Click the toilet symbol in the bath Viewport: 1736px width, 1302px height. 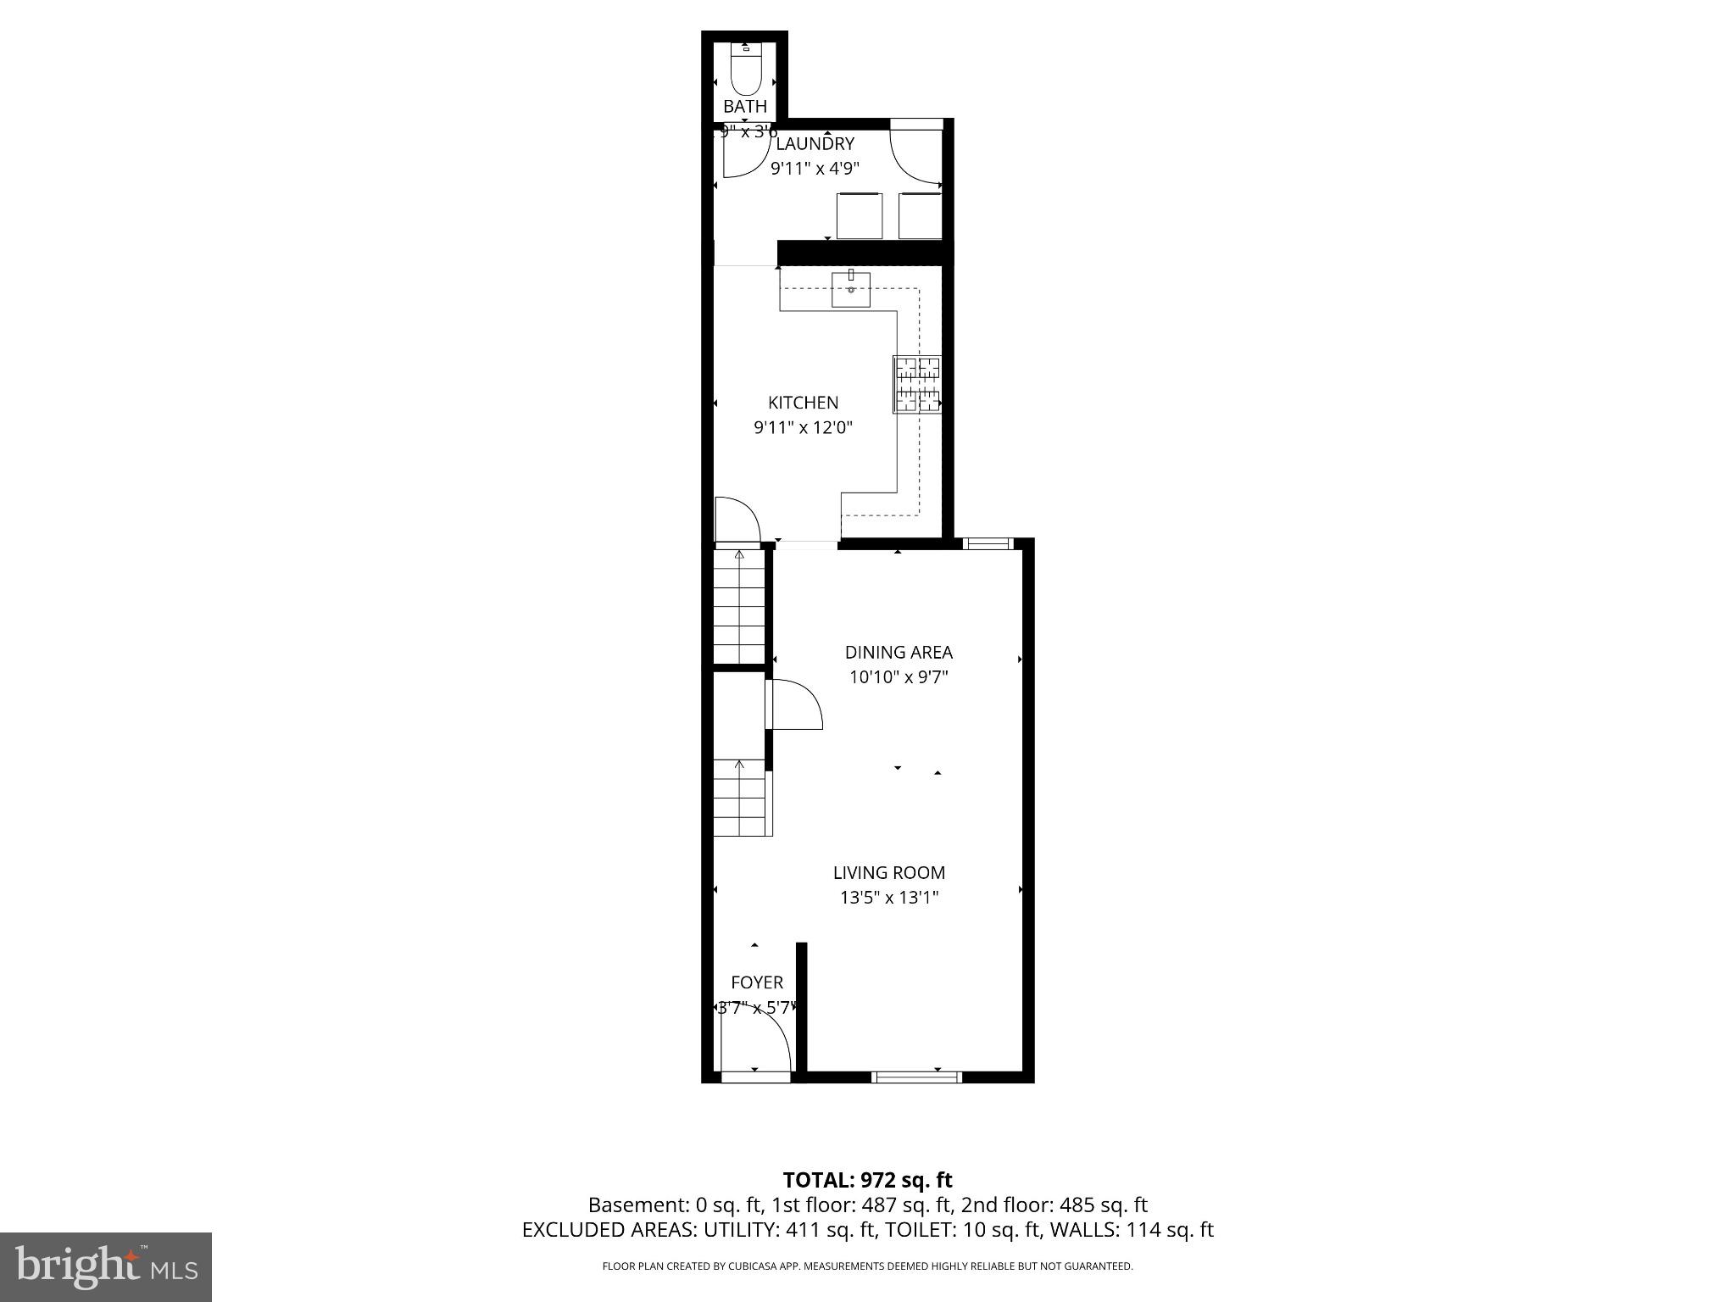click(746, 70)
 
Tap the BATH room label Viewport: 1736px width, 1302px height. click(745, 107)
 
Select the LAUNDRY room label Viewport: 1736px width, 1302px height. click(815, 144)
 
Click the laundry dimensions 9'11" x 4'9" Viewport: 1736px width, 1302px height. click(815, 169)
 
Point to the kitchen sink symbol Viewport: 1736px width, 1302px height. click(850, 289)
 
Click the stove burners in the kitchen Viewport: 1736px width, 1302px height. click(918, 385)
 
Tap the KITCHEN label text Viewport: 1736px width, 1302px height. click(803, 403)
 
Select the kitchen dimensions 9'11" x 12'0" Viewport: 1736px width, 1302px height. click(803, 428)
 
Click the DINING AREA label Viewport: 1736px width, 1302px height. click(899, 653)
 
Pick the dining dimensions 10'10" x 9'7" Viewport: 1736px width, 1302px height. click(899, 677)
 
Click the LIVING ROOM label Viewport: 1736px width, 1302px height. click(888, 873)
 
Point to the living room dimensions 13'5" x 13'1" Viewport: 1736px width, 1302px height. click(888, 898)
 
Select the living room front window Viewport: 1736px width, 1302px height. click(916, 1077)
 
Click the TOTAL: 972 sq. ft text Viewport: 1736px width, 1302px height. click(867, 1180)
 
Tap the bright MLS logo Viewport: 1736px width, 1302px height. click(105, 1266)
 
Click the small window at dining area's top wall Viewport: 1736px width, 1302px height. click(988, 543)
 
